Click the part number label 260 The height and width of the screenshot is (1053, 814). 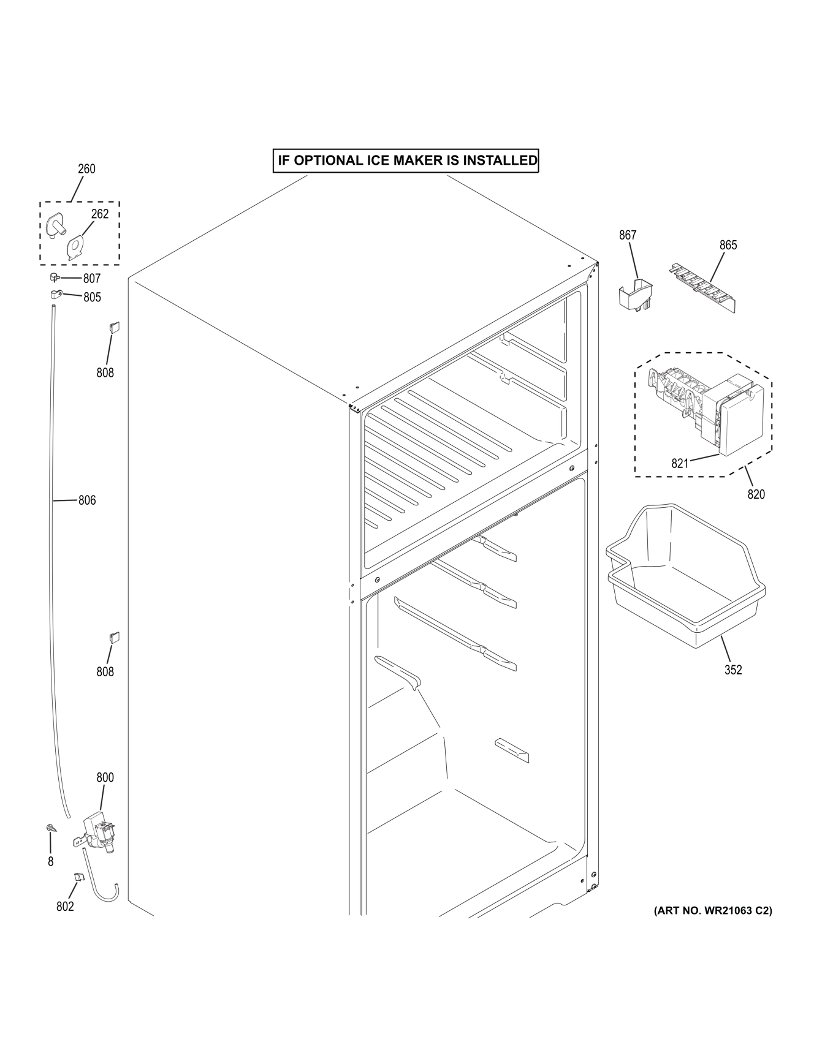[86, 168]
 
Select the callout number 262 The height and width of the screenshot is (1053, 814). [100, 214]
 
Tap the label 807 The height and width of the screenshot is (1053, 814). [92, 279]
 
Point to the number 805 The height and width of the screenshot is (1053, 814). [92, 297]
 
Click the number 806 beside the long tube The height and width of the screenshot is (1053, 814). [87, 500]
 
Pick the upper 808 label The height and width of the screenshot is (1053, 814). [105, 372]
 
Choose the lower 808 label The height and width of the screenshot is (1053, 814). [105, 672]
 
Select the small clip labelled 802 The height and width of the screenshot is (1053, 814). [78, 878]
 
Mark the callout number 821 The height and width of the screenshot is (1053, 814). [680, 464]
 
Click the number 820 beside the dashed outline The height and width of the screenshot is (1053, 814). [756, 494]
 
